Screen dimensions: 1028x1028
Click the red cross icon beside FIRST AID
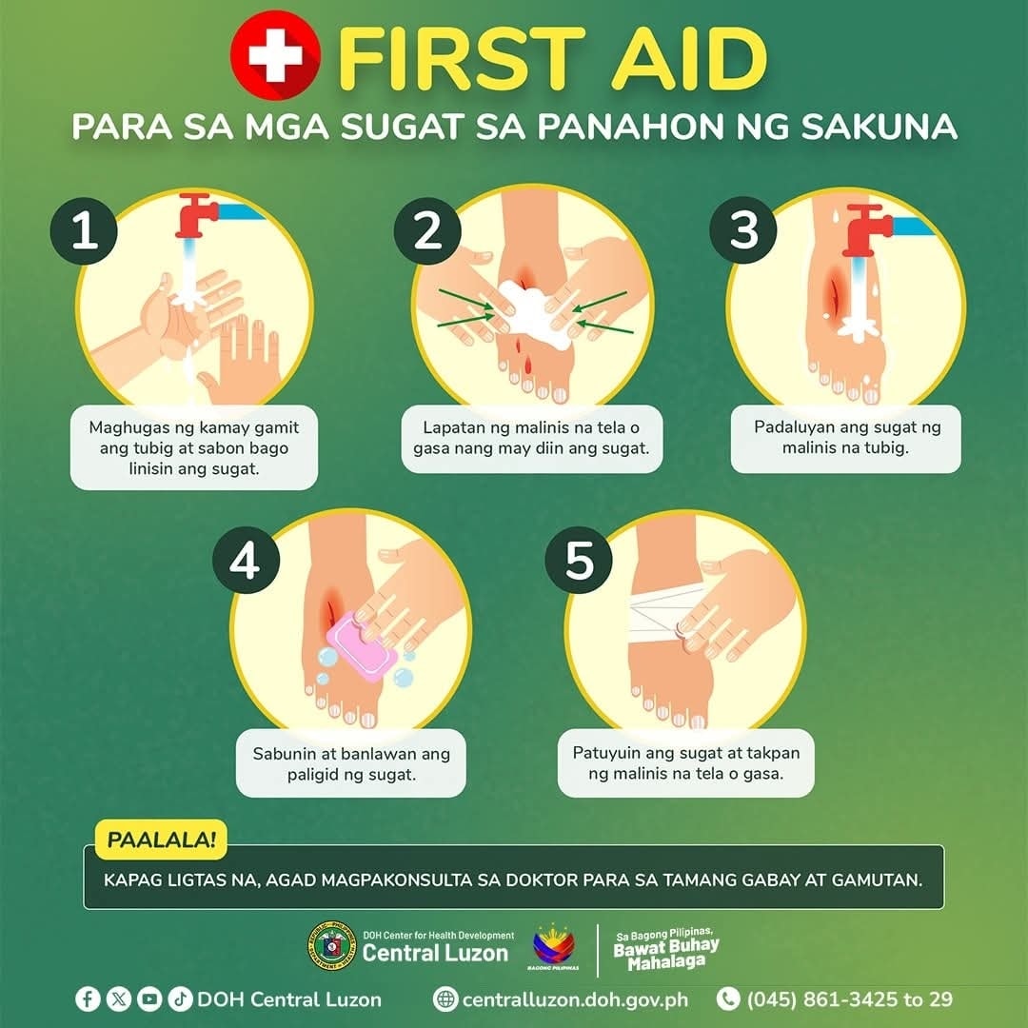[276, 55]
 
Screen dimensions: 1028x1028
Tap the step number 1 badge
[84, 230]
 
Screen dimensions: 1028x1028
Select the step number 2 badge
[427, 230]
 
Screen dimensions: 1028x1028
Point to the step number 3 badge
[743, 230]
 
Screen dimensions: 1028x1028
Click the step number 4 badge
[246, 561]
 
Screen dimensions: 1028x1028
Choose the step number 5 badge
[579, 560]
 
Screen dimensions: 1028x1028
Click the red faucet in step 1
[197, 215]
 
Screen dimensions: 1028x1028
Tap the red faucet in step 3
[867, 230]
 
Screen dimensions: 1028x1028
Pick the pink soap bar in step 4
[362, 647]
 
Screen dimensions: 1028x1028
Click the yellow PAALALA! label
[161, 840]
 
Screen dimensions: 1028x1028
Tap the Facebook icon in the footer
[88, 999]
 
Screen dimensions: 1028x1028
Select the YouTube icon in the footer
[149, 999]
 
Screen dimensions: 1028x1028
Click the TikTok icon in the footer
[180, 999]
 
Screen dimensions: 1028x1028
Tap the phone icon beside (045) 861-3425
[728, 998]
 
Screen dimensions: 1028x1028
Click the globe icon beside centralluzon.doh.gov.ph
[445, 999]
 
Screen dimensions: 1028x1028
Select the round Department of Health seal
[332, 945]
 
